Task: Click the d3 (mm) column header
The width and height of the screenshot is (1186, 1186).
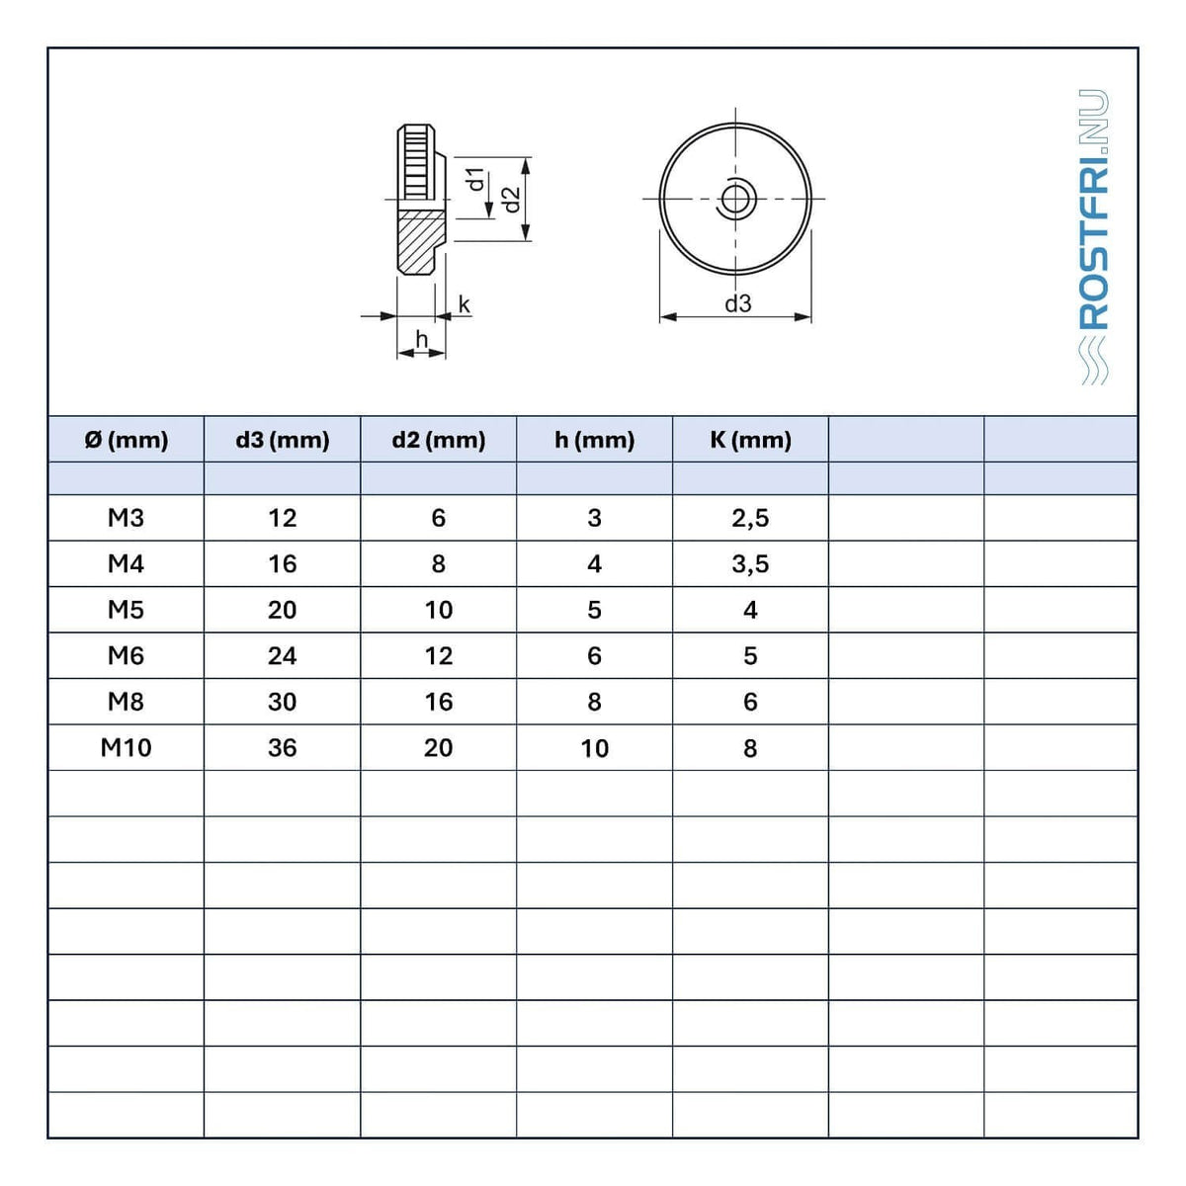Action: [283, 440]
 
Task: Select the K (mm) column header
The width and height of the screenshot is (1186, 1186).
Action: [750, 440]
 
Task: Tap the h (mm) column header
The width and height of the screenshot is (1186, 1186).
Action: [595, 440]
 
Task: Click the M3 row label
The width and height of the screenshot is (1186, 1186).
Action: [126, 518]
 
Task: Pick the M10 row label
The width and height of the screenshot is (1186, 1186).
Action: [126, 748]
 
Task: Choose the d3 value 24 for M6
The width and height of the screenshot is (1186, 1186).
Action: [283, 656]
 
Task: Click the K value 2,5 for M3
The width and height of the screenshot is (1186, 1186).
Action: [750, 519]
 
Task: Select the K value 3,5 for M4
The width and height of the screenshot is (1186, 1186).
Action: [750, 564]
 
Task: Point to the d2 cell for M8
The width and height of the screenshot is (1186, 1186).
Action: [438, 703]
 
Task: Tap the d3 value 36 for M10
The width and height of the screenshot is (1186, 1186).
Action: [283, 748]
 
